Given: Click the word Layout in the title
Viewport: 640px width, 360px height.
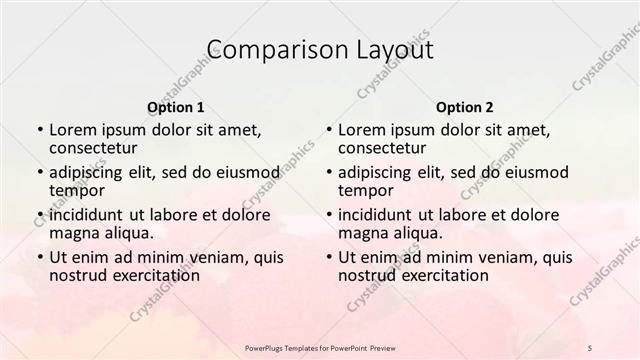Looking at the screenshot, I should pyautogui.click(x=390, y=50).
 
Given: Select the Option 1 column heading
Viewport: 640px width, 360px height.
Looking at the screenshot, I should pyautogui.click(x=176, y=107).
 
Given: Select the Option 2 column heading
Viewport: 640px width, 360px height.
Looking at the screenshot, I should pyautogui.click(x=464, y=107).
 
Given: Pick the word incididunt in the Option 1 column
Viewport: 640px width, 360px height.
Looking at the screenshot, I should pyautogui.click(x=87, y=214).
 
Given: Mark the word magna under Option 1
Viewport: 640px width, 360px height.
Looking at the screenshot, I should pyautogui.click(x=73, y=232).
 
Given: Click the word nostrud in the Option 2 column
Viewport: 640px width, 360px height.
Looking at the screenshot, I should pyautogui.click(x=363, y=275).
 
